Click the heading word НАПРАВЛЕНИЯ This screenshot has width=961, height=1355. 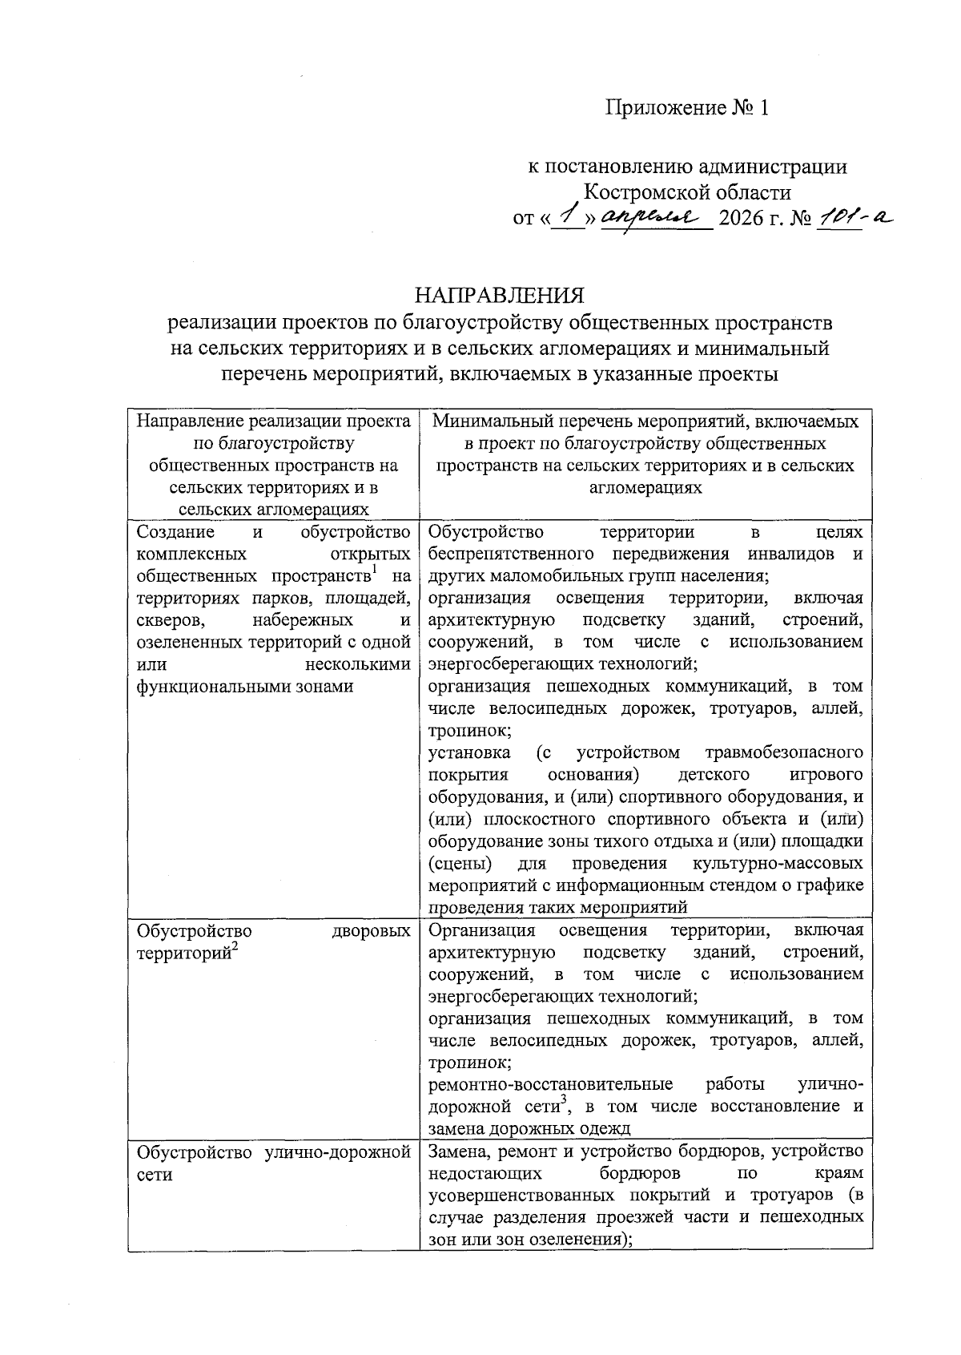[x=499, y=296]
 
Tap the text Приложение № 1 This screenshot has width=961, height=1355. [x=686, y=108]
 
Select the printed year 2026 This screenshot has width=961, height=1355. [x=742, y=219]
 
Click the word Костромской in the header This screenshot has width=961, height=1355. [x=645, y=193]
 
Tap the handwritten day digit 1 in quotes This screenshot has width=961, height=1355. [x=569, y=215]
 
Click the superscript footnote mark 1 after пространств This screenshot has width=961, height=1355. [x=375, y=570]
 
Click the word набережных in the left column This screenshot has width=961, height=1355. [x=302, y=620]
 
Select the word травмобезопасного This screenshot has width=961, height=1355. [x=784, y=753]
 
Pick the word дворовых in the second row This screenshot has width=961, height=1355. [x=372, y=931]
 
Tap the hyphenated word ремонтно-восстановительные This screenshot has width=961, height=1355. [x=550, y=1085]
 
